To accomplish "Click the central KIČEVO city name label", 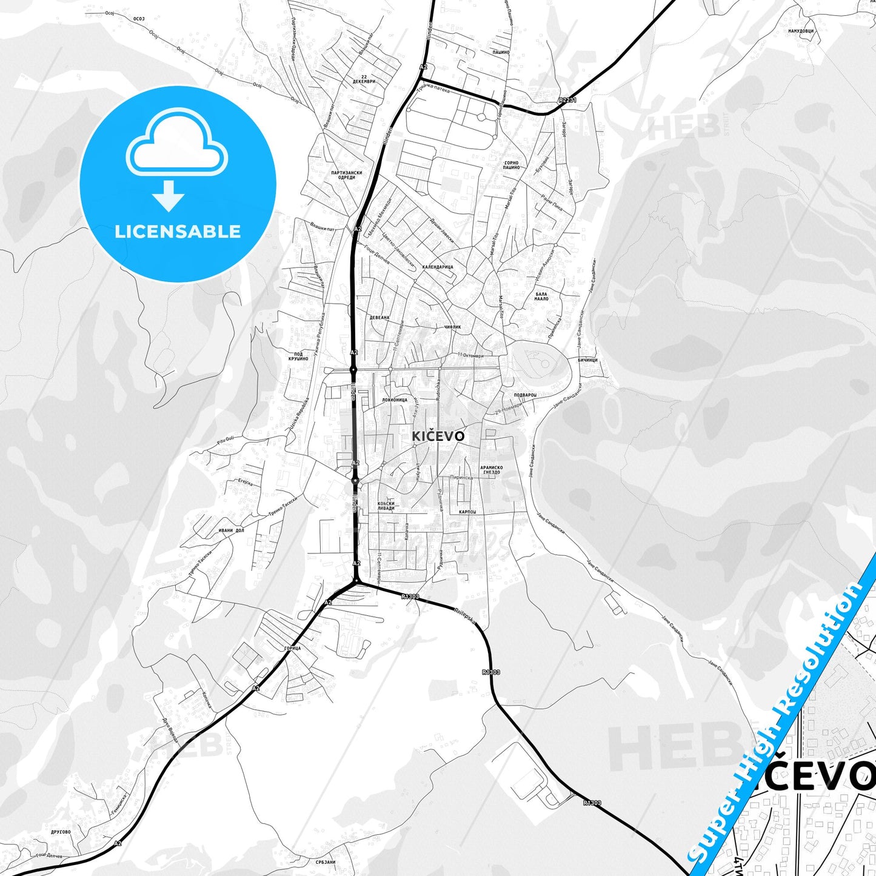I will click(x=438, y=436).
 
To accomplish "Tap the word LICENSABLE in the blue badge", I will click(x=178, y=232).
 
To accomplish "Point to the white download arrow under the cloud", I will click(x=169, y=196).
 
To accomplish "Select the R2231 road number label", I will click(x=567, y=100).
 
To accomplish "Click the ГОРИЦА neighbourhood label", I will click(x=292, y=648).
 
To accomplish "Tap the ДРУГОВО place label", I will click(x=61, y=832).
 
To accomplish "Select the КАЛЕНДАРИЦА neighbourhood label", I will click(x=438, y=267).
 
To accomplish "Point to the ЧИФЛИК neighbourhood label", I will click(x=452, y=327).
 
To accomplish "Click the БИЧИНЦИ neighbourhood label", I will click(x=587, y=360).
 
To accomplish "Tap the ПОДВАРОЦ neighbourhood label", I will click(x=525, y=395).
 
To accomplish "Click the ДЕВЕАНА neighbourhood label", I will click(x=379, y=317).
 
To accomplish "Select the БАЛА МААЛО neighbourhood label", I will click(x=541, y=296).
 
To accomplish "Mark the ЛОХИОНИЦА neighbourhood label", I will click(x=395, y=400).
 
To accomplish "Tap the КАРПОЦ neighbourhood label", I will click(x=467, y=512).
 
